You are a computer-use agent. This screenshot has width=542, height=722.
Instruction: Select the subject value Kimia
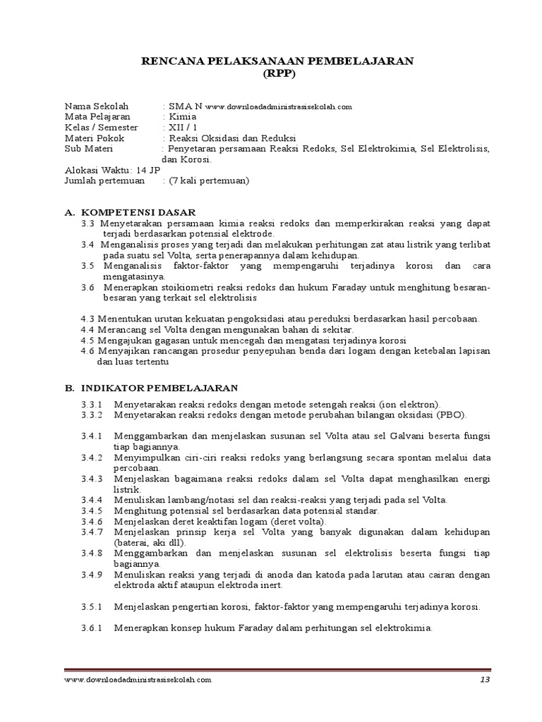point(183,116)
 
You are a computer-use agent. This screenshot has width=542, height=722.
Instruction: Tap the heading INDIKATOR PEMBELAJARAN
point(160,388)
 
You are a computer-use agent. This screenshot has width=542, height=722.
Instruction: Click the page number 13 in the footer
point(484,680)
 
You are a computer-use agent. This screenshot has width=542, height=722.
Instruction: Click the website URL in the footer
point(138,680)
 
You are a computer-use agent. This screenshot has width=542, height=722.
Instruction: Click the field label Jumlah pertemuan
point(104,180)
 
